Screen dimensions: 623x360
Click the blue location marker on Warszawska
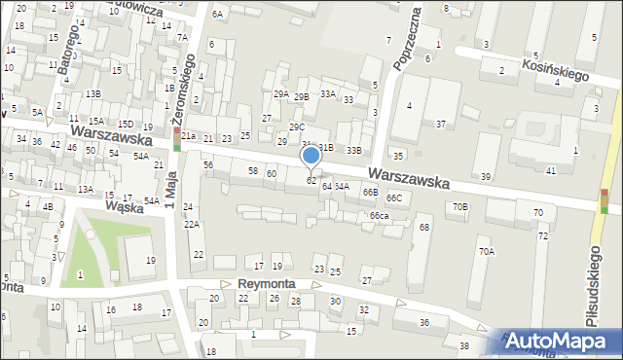click(311, 156)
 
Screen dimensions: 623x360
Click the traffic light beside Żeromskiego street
click(177, 138)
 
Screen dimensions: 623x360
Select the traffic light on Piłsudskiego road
click(605, 200)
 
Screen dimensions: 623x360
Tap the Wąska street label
click(125, 206)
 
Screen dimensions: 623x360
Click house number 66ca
click(380, 215)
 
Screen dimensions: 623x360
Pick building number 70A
click(486, 251)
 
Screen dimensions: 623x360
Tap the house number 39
click(486, 176)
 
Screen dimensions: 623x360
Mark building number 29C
click(297, 126)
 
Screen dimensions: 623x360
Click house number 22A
click(193, 225)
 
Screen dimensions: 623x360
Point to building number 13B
click(92, 93)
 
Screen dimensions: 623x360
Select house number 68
click(423, 227)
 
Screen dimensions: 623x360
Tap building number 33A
click(328, 94)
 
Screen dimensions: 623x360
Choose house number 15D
click(126, 125)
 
